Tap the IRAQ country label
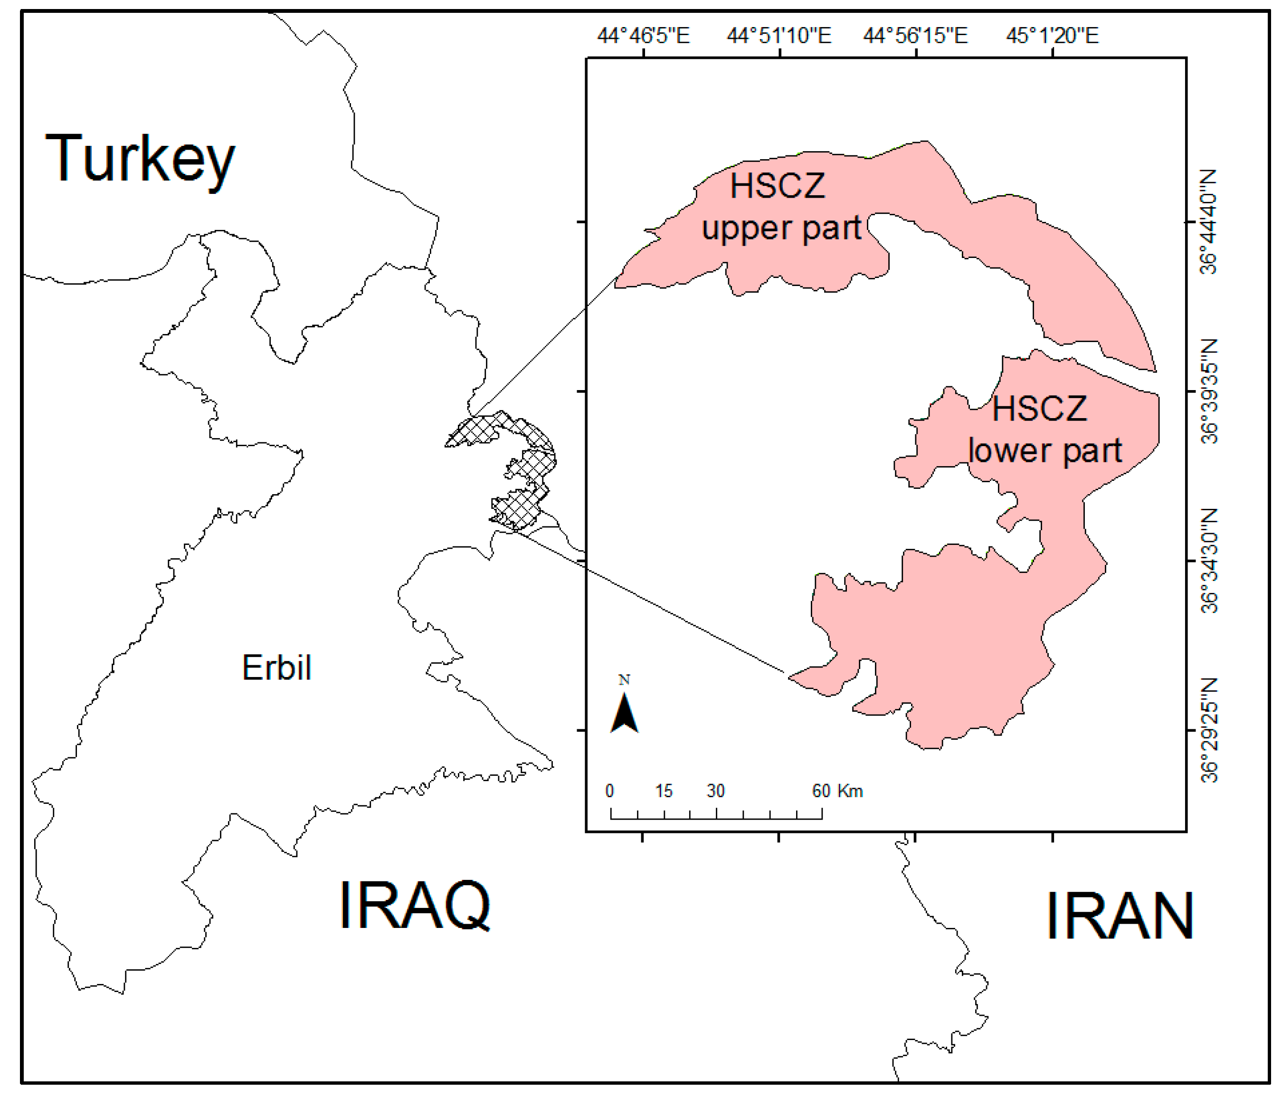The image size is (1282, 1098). coord(415,905)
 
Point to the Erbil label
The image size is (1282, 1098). coord(276,668)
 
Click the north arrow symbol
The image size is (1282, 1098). coord(624,712)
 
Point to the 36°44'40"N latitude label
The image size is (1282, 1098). coord(1209,221)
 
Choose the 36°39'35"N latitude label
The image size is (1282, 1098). coord(1209,391)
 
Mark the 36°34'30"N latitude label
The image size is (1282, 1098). coord(1209,561)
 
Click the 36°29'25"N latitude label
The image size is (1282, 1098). coord(1209,730)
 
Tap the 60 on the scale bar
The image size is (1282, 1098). coord(821,791)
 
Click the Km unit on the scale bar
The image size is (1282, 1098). coord(850,791)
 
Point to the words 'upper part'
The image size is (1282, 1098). coord(781,229)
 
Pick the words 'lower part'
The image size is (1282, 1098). coord(1045,450)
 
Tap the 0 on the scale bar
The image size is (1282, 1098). coord(610,791)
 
